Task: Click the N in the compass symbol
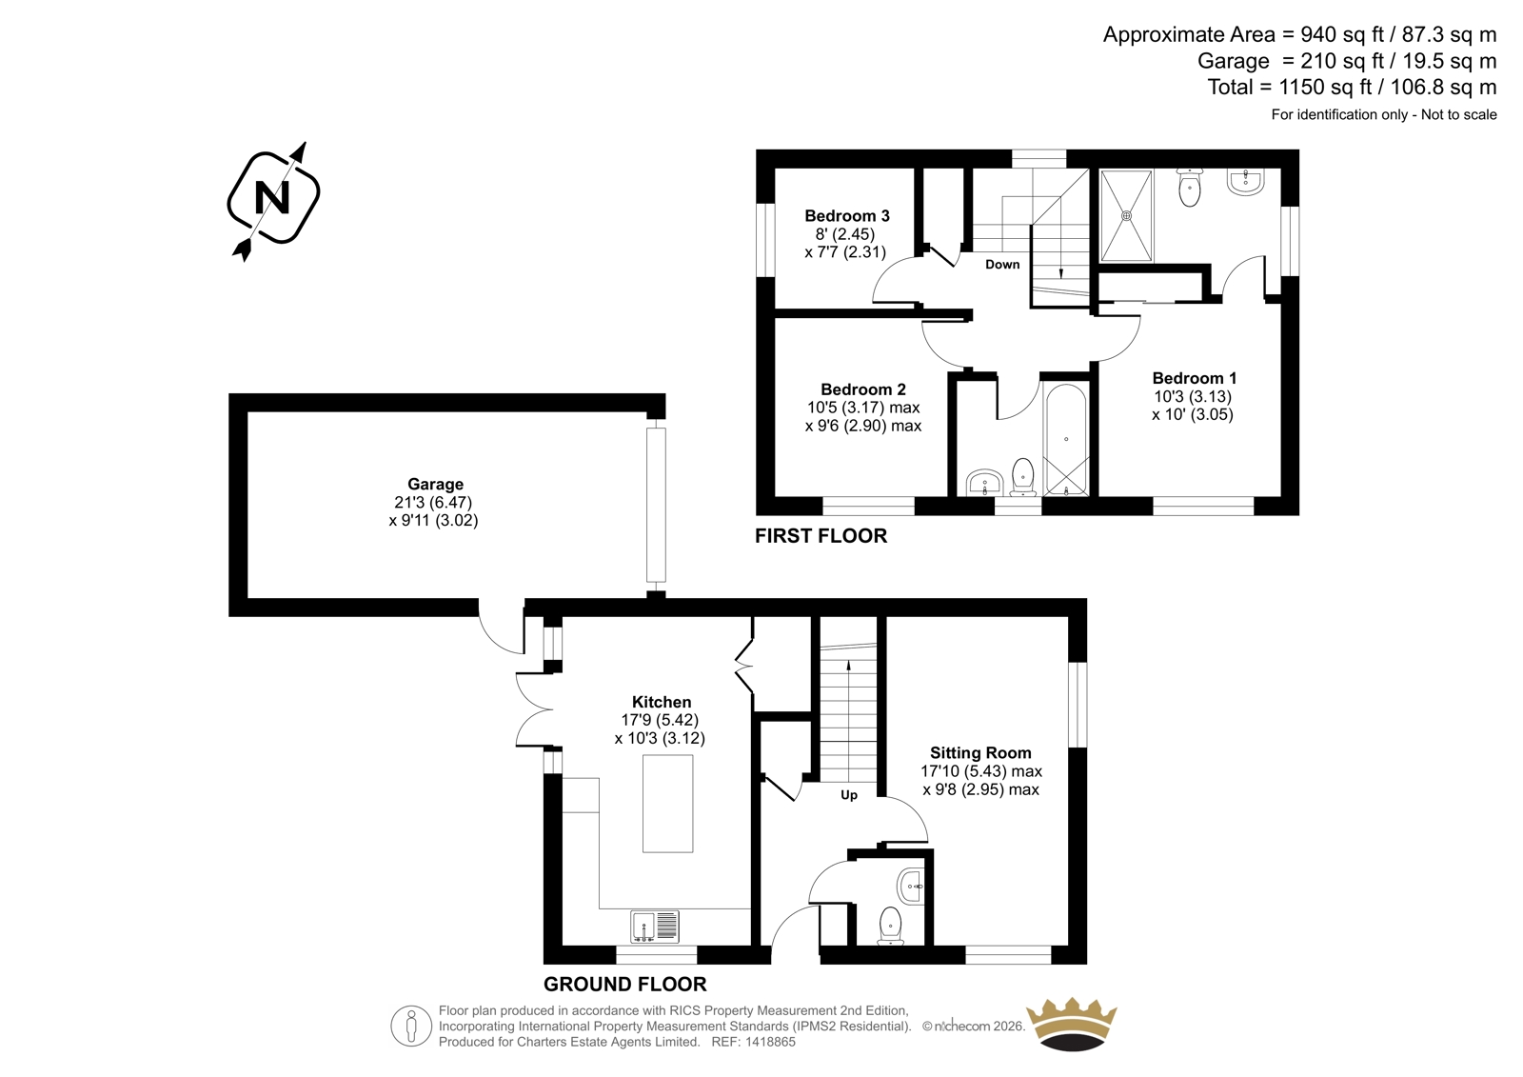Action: click(272, 198)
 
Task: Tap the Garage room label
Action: click(435, 484)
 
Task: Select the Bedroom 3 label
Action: click(846, 215)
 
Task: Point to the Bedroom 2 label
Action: click(862, 389)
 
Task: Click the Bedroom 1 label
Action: click(1194, 378)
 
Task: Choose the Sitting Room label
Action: click(980, 752)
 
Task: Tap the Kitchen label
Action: click(661, 702)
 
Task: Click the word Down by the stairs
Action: click(1002, 264)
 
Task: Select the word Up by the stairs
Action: click(848, 794)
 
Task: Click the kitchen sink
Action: click(655, 927)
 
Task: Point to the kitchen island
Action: click(667, 803)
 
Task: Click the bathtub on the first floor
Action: click(1066, 440)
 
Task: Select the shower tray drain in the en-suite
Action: click(1126, 215)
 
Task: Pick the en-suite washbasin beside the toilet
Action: click(1246, 182)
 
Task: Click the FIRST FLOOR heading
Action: click(821, 536)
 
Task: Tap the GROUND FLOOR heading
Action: click(624, 984)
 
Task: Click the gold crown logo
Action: click(1071, 1024)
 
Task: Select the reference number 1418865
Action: click(770, 1042)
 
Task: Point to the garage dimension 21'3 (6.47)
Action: click(433, 502)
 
